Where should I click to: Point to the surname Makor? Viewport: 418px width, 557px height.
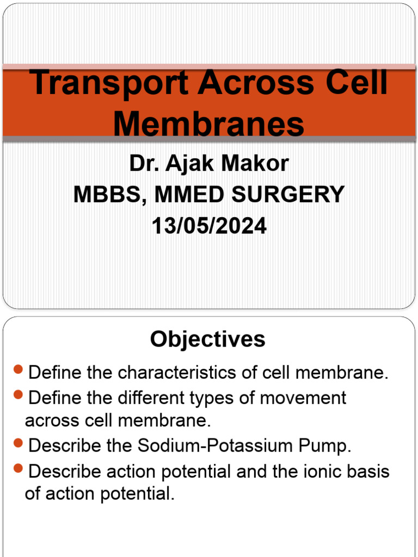click(257, 163)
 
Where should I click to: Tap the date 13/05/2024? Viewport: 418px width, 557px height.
click(209, 226)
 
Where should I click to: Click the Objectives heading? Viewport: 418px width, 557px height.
click(208, 339)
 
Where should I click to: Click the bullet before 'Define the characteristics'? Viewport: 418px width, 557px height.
click(19, 371)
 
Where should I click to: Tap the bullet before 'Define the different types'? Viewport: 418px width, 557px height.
click(19, 396)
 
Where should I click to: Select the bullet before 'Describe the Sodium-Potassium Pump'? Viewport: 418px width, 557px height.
click(19, 444)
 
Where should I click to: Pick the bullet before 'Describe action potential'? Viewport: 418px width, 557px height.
click(19, 469)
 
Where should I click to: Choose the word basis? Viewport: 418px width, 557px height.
click(370, 471)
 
